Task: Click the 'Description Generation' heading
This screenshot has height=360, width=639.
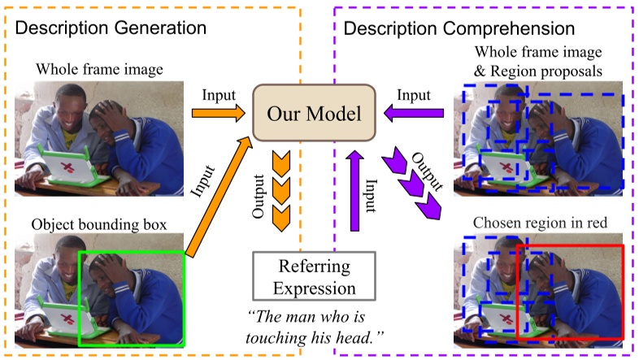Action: coord(111,27)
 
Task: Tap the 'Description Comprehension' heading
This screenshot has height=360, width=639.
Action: coord(460,28)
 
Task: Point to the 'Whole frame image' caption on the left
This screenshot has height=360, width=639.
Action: coord(99,69)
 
